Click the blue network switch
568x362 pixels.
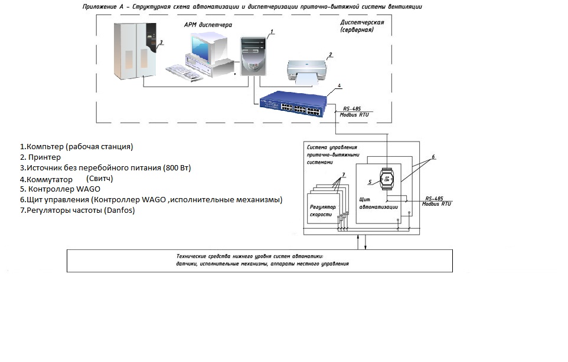point(292,101)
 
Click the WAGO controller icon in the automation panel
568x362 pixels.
point(387,180)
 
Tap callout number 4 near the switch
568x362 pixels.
point(339,86)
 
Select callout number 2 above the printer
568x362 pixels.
point(331,54)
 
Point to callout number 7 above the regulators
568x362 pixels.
point(344,175)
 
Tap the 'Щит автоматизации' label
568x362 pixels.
point(378,203)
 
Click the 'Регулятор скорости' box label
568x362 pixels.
point(323,212)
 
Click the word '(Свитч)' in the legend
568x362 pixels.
point(99,178)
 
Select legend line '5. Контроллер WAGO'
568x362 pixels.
point(60,189)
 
